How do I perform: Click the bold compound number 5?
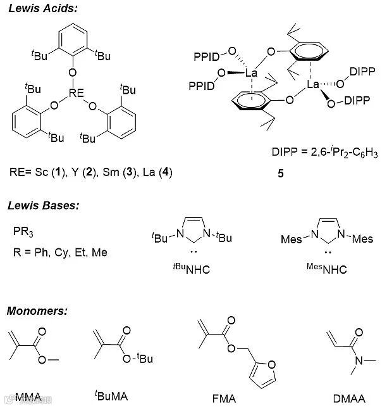(280, 172)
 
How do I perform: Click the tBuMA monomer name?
(114, 397)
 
